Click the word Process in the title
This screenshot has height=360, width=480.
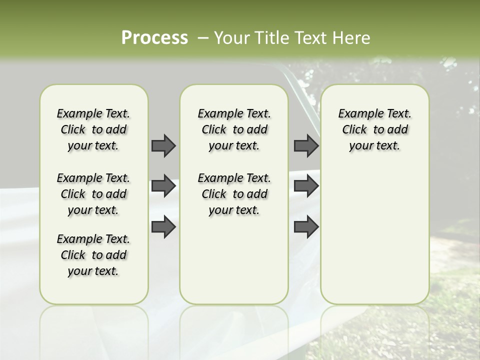154,38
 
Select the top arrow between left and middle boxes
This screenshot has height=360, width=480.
163,145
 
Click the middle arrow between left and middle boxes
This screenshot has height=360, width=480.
163,186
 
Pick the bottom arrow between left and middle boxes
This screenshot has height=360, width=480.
163,226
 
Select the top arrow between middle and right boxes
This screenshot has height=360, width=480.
306,145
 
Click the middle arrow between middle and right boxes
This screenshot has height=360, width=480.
306,186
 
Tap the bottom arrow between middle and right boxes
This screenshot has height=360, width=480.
306,226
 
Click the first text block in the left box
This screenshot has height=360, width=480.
93,129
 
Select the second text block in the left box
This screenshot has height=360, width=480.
93,194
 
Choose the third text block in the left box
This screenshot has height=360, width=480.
93,255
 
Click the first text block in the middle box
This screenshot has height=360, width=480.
234,129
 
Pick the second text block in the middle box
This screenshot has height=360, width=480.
234,194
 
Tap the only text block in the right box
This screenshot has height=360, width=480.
374,129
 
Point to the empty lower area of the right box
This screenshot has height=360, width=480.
374,230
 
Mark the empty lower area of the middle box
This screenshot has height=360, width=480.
234,260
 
